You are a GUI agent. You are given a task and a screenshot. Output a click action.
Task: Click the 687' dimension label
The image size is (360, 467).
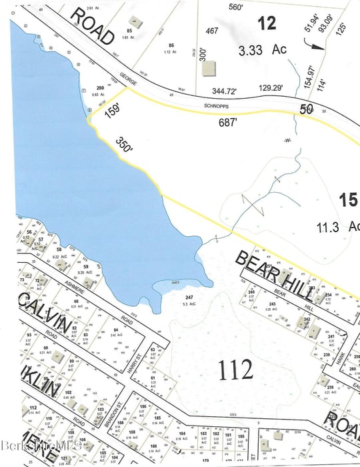pos(227,123)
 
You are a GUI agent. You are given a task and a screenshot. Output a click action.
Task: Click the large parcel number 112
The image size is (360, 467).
pos(235,368)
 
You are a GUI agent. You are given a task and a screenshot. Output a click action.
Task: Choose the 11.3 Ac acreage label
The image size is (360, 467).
pos(338,227)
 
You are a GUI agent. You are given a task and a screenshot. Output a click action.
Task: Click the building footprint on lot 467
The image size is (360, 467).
pos(210,69)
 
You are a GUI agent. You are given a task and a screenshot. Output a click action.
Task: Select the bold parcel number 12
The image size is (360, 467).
pos(266,24)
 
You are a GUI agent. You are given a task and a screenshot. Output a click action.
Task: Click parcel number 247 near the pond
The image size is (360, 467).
pos(189,297)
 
